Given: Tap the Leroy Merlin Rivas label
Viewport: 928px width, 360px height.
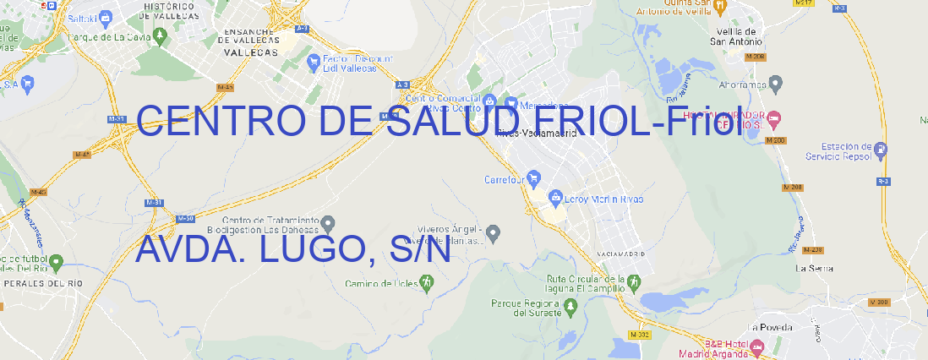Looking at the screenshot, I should click(x=603, y=199).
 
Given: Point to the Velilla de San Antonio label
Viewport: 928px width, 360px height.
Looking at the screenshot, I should click(x=734, y=36).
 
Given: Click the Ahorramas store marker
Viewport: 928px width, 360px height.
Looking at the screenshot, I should click(x=777, y=83).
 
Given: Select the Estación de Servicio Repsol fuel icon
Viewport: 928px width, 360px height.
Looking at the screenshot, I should click(x=882, y=150).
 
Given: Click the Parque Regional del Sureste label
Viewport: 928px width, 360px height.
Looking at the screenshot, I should click(x=526, y=308).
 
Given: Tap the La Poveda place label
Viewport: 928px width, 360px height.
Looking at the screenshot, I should click(x=770, y=327).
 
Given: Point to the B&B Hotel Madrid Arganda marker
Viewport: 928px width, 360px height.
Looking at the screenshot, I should click(x=757, y=346).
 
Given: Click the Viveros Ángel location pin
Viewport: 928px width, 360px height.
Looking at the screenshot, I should click(x=496, y=232).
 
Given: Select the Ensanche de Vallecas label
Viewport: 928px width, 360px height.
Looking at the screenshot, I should click(x=251, y=39).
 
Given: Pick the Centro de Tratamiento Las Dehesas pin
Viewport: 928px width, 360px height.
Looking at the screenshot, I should click(x=330, y=224).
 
